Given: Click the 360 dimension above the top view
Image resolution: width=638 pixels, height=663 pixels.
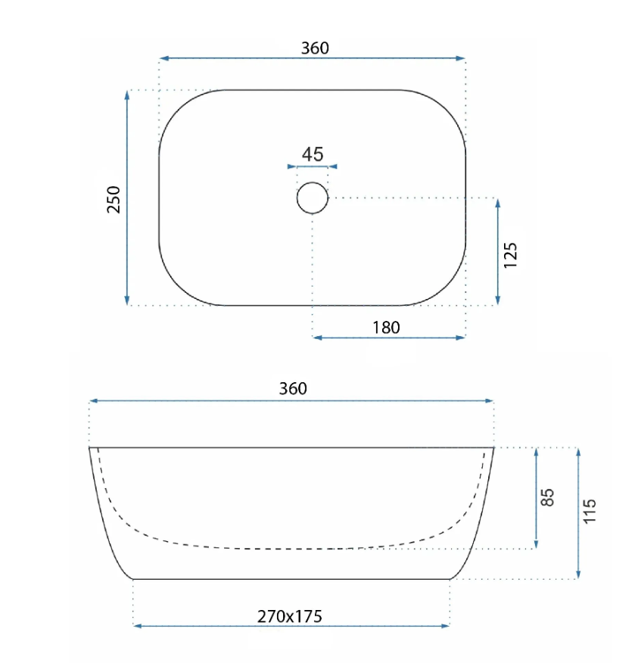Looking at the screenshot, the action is [315, 48].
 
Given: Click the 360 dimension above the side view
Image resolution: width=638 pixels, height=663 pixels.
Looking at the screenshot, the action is [293, 388].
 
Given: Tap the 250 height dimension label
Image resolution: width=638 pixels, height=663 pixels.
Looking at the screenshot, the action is [114, 200].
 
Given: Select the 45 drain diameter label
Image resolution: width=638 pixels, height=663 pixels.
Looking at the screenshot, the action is [313, 154].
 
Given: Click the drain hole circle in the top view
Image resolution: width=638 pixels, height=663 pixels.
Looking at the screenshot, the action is [313, 198].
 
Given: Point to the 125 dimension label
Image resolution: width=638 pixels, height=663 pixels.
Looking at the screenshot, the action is [510, 255].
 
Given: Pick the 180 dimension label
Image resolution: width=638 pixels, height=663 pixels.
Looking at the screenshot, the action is [386, 328].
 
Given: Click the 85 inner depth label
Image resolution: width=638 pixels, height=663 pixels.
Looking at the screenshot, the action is [547, 497].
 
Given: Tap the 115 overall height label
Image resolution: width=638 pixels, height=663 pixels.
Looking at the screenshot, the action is [590, 511].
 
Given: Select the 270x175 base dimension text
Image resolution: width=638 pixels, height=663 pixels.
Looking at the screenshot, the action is [290, 617].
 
